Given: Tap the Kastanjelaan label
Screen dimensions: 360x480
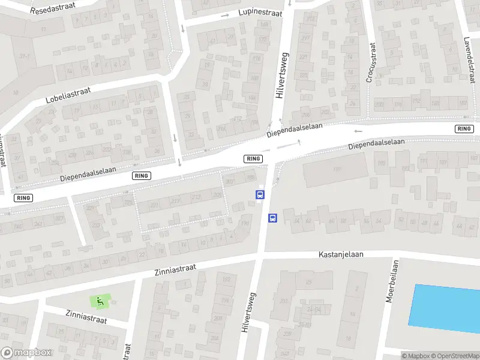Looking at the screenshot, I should pos(341,254).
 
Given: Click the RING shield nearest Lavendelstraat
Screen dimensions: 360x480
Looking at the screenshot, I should pos(464,129).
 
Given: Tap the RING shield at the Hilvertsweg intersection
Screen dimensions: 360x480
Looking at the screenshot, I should pos(253,158).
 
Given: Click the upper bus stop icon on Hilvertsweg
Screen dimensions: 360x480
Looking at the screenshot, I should pos(260,194).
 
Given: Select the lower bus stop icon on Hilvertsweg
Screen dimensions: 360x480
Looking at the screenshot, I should pos(272,218).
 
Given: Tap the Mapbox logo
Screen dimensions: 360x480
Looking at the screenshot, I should pos(26,353).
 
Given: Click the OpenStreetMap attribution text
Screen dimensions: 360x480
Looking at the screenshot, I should pos(456,356).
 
